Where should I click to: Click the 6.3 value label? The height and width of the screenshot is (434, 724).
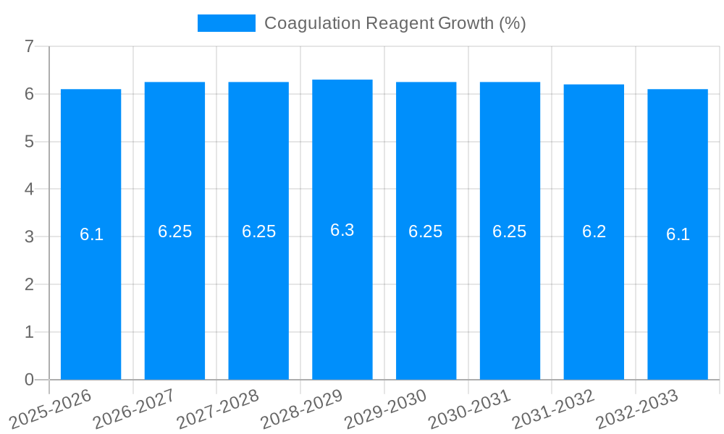click(342, 230)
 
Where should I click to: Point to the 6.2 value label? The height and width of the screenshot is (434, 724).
click(594, 231)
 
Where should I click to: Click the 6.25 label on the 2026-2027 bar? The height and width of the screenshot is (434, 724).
click(174, 231)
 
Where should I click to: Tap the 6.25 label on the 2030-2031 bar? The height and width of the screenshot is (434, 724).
click(510, 231)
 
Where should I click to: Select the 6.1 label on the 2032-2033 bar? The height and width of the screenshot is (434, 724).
click(678, 234)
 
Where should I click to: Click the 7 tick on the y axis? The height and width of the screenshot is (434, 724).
click(29, 46)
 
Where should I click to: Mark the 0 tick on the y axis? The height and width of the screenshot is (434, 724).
click(29, 380)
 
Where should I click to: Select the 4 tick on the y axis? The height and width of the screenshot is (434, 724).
click(29, 190)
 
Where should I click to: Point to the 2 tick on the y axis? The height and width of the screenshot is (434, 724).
click(29, 284)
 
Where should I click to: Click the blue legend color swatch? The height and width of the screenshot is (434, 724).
click(226, 23)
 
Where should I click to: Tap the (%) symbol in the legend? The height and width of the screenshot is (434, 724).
click(513, 23)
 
